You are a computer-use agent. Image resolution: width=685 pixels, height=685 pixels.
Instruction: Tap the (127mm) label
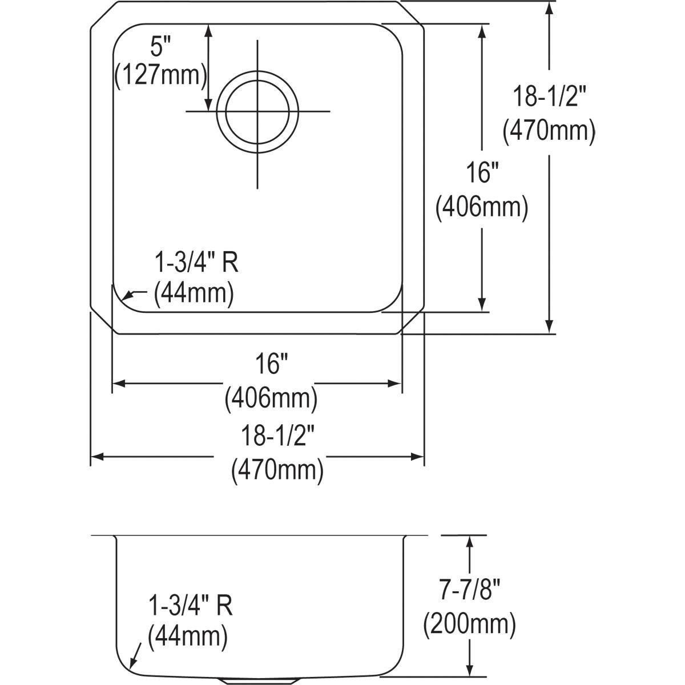pyautogui.click(x=160, y=75)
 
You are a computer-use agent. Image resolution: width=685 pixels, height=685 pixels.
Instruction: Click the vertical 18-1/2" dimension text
pyautogui.click(x=549, y=98)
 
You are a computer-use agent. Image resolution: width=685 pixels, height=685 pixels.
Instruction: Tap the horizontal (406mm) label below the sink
pyautogui.click(x=271, y=398)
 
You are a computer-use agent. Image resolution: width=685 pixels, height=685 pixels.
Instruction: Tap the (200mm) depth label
pyautogui.click(x=469, y=624)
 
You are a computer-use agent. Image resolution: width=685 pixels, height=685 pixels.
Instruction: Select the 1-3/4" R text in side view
pyautogui.click(x=190, y=605)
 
